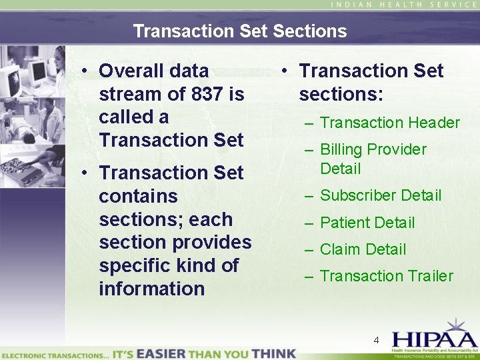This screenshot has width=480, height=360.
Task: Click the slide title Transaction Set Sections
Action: pos(240,31)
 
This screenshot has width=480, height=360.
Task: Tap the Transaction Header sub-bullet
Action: pos(390,123)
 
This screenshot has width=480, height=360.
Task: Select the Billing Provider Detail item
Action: pos(373,159)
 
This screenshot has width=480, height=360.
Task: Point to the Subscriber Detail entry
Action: pos(381,195)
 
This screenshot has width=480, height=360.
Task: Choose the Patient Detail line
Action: pos(367,223)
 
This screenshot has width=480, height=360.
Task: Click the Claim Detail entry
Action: pos(363,249)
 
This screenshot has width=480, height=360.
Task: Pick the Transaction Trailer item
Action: pos(386,276)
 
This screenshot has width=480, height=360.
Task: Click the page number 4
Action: pos(376,341)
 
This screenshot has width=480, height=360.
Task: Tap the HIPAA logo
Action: pos(433,337)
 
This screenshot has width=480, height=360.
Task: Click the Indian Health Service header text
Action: pos(405,5)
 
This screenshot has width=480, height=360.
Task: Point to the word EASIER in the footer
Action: pos(162,353)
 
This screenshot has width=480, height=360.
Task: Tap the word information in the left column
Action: pos(151,289)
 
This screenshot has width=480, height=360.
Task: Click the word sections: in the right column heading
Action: pos(341,94)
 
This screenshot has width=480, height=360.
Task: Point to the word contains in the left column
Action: pos(138,196)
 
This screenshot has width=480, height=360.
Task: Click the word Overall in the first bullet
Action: pos(131,71)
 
